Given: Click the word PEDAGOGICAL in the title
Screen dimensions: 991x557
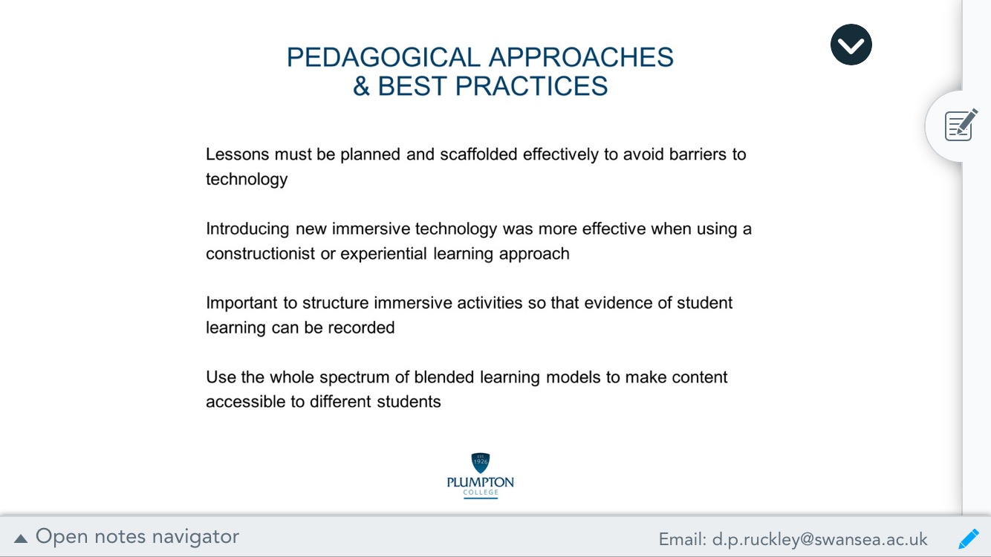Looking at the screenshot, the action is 383,57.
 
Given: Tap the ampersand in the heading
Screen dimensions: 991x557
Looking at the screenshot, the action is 361,86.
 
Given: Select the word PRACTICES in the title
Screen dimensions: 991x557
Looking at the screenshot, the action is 531,86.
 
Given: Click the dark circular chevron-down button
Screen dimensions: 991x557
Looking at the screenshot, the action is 851,45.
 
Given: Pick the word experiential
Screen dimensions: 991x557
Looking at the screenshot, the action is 383,255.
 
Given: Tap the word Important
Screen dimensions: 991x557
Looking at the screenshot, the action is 242,304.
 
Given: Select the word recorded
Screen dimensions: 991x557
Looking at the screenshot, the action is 361,328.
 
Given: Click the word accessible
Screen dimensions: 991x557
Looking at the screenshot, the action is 246,403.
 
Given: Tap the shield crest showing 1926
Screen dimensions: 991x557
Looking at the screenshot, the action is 481,463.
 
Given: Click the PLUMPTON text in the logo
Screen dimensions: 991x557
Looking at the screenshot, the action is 481,482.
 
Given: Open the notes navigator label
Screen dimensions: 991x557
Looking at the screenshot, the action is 137,537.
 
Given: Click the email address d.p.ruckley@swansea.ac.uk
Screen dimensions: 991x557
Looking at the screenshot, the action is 819,539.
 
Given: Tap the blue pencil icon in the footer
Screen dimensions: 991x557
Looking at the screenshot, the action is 969,538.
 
